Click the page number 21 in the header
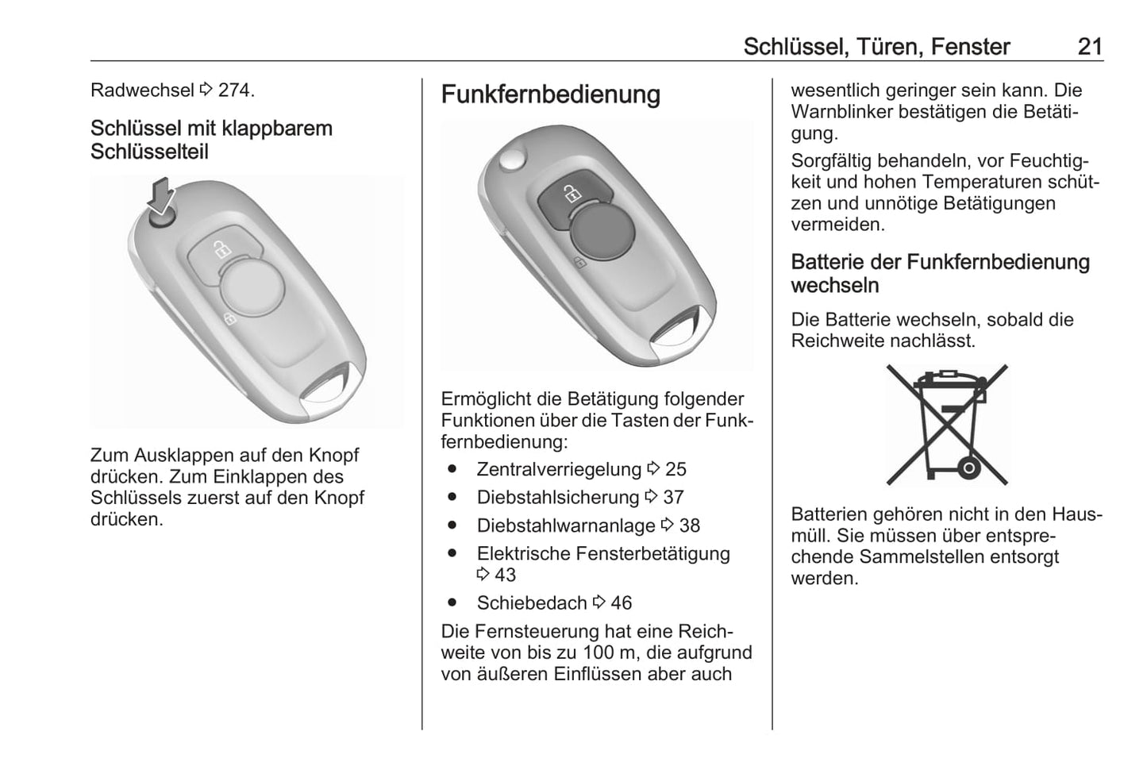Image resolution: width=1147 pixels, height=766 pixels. [x=1090, y=47]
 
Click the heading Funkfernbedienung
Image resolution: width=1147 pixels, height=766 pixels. [x=550, y=94]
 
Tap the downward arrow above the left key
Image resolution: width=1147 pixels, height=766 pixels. [x=161, y=195]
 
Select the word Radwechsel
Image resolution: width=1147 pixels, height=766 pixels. [x=142, y=90]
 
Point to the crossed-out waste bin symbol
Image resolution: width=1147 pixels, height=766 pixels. [x=947, y=425]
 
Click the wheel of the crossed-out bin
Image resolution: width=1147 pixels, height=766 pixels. [x=968, y=468]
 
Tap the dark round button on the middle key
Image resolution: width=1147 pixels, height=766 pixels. [x=602, y=232]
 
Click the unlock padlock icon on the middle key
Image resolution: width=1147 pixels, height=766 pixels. [x=572, y=194]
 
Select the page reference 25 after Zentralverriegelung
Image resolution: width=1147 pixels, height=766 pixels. [x=675, y=469]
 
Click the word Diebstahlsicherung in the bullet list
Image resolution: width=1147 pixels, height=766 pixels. [x=558, y=497]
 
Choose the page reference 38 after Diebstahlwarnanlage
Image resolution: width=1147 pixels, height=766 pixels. [x=689, y=525]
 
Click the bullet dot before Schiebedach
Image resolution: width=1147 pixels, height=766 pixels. [x=452, y=602]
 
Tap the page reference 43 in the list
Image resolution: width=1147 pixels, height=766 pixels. [x=505, y=575]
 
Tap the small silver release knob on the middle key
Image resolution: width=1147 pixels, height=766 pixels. [x=512, y=160]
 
